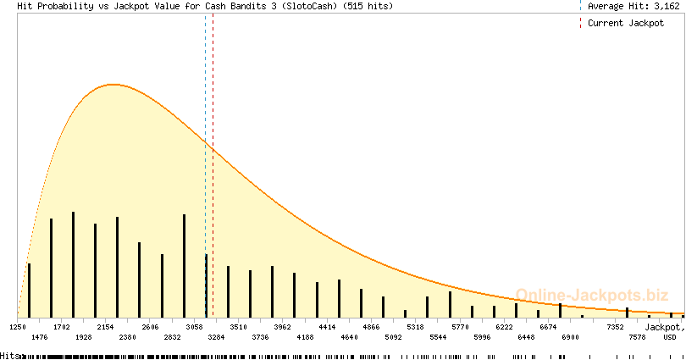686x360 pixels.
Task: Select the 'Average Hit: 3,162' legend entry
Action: pyautogui.click(x=633, y=6)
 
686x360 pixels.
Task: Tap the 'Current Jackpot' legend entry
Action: pyautogui.click(x=626, y=23)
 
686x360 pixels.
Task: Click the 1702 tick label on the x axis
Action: pyautogui.click(x=62, y=326)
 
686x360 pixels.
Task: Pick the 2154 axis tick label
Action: pyautogui.click(x=106, y=326)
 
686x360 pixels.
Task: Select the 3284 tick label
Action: pyautogui.click(x=216, y=337)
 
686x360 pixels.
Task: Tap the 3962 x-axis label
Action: pyautogui.click(x=283, y=326)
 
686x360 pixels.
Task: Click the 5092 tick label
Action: pyautogui.click(x=393, y=337)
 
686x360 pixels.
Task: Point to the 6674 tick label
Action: pyautogui.click(x=548, y=326)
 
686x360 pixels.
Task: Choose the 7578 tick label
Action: pyautogui.click(x=637, y=337)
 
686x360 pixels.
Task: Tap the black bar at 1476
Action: pyautogui.click(x=51, y=268)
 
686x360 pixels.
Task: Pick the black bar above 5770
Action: pyautogui.click(x=450, y=305)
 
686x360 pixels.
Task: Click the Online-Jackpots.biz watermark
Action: pyautogui.click(x=587, y=295)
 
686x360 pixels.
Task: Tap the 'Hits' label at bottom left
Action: pyautogui.click(x=9, y=356)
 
